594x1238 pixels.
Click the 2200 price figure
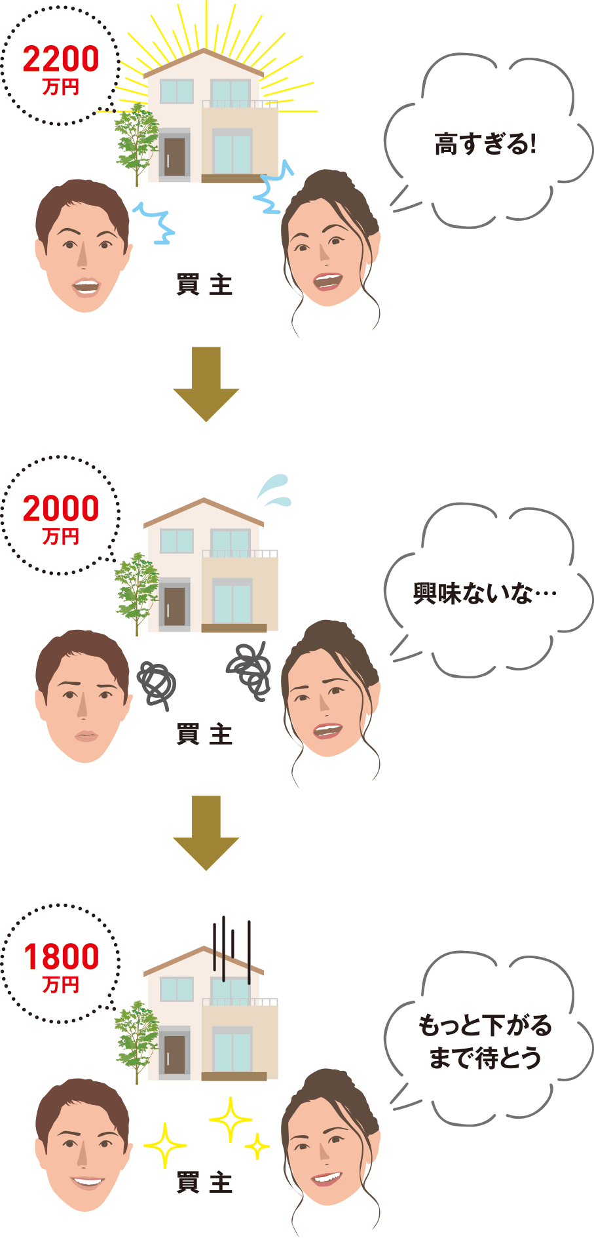(x=61, y=59)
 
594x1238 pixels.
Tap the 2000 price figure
(x=61, y=509)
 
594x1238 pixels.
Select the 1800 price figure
(x=61, y=957)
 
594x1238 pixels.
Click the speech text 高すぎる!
(x=485, y=144)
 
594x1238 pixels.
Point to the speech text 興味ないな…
(x=485, y=594)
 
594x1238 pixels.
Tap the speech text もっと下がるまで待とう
(x=485, y=1041)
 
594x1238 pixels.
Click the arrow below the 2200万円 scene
(x=206, y=384)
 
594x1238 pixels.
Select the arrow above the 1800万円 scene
(x=206, y=833)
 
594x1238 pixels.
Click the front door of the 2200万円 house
(x=174, y=156)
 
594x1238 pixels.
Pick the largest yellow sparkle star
(x=230, y=1120)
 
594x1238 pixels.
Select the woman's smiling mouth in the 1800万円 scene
(x=325, y=1178)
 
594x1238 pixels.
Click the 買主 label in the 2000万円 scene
(x=204, y=735)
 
